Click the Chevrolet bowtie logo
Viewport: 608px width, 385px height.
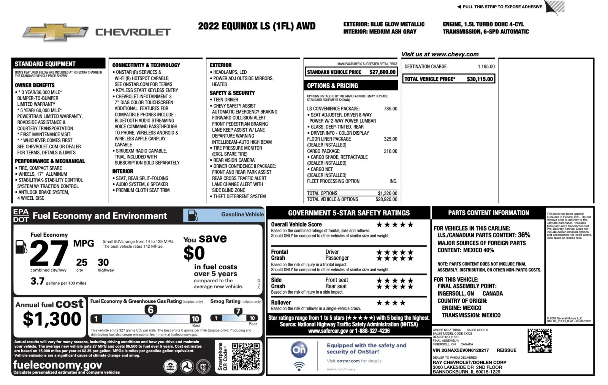click(55, 33)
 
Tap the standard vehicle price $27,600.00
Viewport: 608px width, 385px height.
click(382, 72)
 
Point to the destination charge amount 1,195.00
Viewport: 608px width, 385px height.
click(486, 67)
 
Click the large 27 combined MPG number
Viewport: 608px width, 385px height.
click(49, 253)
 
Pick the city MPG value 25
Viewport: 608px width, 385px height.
click(82, 262)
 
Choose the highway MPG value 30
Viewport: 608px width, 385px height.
click(103, 262)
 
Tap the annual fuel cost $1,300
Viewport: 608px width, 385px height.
click(52, 319)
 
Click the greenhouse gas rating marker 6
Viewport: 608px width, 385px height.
click(151, 310)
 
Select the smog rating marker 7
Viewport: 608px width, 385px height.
click(238, 311)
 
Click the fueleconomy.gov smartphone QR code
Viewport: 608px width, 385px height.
click(246, 356)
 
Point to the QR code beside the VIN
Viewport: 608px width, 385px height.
click(540, 340)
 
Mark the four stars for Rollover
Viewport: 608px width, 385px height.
click(391, 303)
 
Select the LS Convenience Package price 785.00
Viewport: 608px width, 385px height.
click(390, 109)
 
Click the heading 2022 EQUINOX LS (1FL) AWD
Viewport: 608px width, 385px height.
click(256, 26)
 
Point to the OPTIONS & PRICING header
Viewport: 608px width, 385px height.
click(332, 86)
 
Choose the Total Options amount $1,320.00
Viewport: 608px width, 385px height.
click(387, 193)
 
